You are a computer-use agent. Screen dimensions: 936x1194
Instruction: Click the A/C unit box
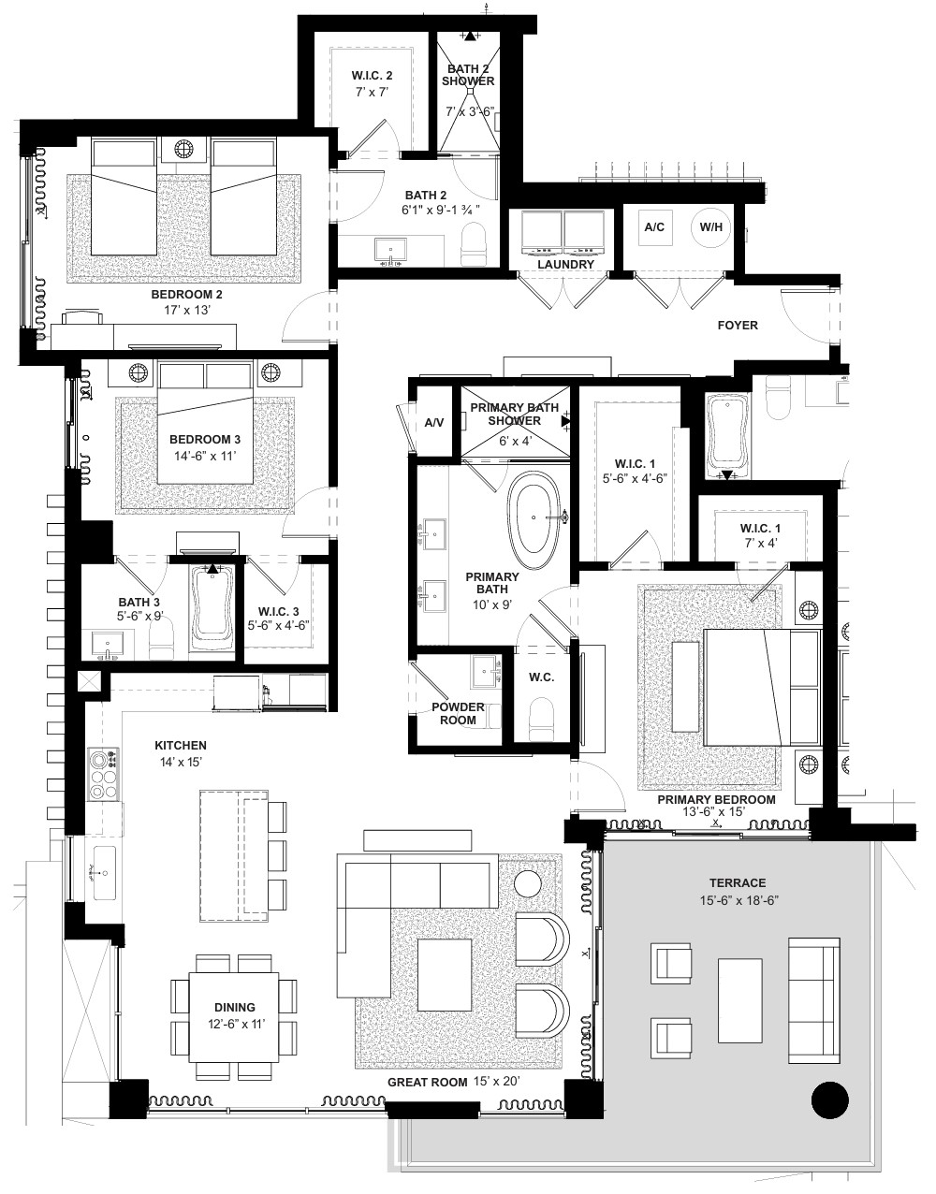click(654, 226)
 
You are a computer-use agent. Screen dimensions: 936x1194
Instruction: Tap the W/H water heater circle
click(710, 226)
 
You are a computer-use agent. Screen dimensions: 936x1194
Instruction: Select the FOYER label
click(738, 326)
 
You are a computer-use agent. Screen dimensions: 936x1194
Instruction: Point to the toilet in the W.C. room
click(541, 720)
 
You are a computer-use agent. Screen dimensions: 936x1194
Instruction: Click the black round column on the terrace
click(830, 1100)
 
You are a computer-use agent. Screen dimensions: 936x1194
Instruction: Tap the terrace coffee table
click(739, 1000)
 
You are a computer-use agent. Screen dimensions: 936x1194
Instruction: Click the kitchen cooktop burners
click(105, 774)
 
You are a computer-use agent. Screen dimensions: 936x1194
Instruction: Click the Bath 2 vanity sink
click(390, 251)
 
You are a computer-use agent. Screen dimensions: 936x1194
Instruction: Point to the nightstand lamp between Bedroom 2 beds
click(183, 149)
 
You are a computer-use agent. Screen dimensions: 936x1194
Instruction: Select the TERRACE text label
click(738, 883)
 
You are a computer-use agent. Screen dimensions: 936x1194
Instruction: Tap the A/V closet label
click(434, 423)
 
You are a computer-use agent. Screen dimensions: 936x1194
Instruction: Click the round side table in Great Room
click(529, 884)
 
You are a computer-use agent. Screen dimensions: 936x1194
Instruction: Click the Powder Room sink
click(486, 672)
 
